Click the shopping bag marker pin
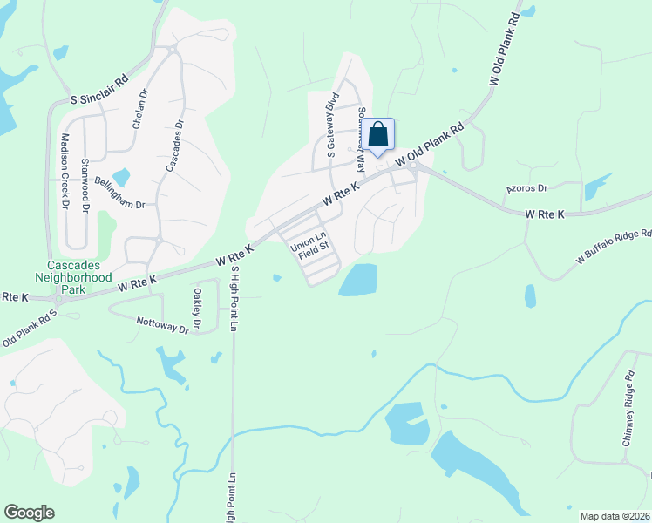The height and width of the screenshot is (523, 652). click(377, 136)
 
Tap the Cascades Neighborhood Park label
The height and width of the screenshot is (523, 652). click(80, 271)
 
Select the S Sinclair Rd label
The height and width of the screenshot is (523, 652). click(99, 89)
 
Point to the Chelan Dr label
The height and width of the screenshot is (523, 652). click(140, 108)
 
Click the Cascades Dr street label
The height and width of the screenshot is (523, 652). click(171, 143)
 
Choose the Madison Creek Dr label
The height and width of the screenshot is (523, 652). click(65, 170)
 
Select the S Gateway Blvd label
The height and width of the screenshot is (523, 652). click(331, 125)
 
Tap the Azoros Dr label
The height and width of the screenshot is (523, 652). click(526, 188)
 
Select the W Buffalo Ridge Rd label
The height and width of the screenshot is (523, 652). click(613, 247)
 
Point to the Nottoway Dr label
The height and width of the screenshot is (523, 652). click(162, 323)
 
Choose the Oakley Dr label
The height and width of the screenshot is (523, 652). click(198, 309)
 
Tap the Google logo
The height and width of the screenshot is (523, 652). click(29, 513)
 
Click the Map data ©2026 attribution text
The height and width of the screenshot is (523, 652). click(615, 516)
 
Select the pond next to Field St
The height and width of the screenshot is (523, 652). click(358, 279)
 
